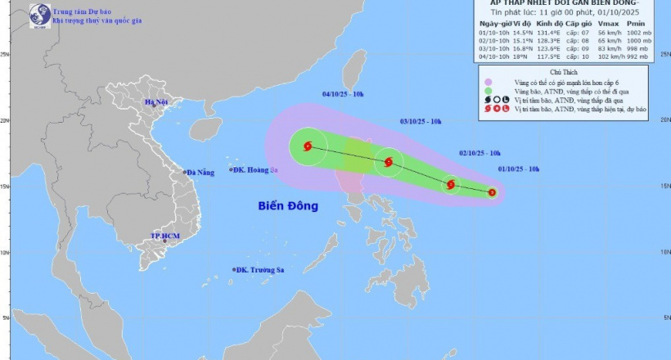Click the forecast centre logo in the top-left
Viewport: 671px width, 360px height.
[36, 14]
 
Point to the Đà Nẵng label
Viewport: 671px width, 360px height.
[200, 173]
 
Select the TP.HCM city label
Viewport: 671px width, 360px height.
[164, 236]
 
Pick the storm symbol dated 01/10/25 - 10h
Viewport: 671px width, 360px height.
[492, 193]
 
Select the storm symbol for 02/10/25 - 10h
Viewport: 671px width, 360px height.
[451, 185]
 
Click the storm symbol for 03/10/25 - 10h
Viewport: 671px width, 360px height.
[389, 162]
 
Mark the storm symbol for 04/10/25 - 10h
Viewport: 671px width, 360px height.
[308, 147]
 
